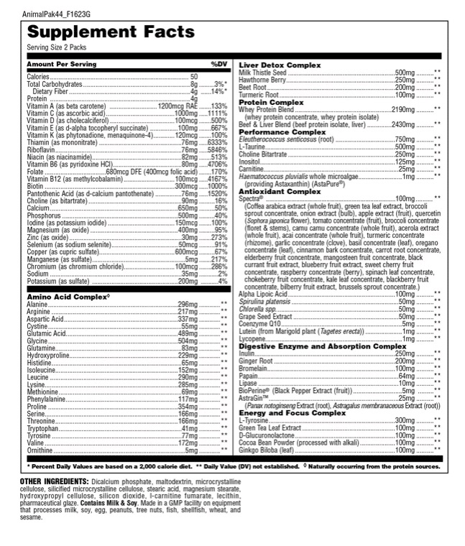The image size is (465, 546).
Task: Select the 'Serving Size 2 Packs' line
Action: pos(54,47)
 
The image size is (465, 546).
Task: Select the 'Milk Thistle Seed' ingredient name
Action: pos(262,73)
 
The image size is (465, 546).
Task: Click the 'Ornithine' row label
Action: pos(40,450)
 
